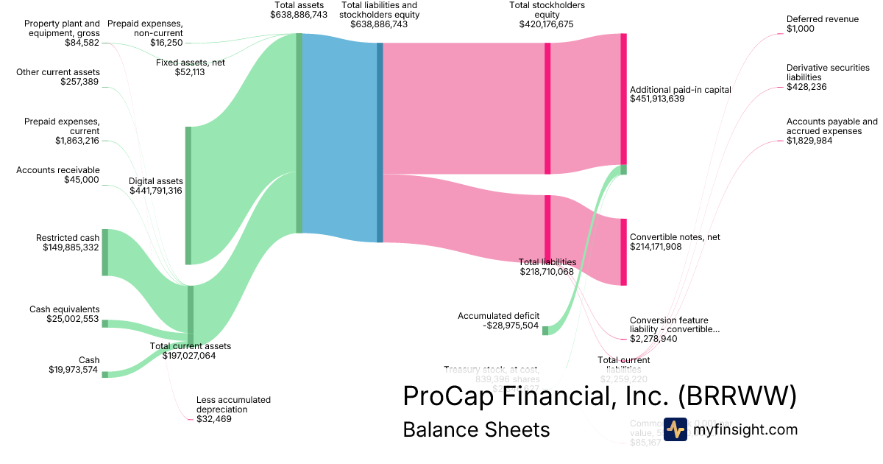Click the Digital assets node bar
click(188, 195)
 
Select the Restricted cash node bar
click(104, 252)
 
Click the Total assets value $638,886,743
click(299, 14)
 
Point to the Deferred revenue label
click(822, 19)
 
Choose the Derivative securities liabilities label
click(827, 72)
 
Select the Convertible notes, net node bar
click(623, 252)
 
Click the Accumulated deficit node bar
click(545, 331)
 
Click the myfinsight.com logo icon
click(675, 429)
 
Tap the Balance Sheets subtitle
click(476, 430)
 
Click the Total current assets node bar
click(191, 314)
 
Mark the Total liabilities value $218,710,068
click(546, 272)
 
